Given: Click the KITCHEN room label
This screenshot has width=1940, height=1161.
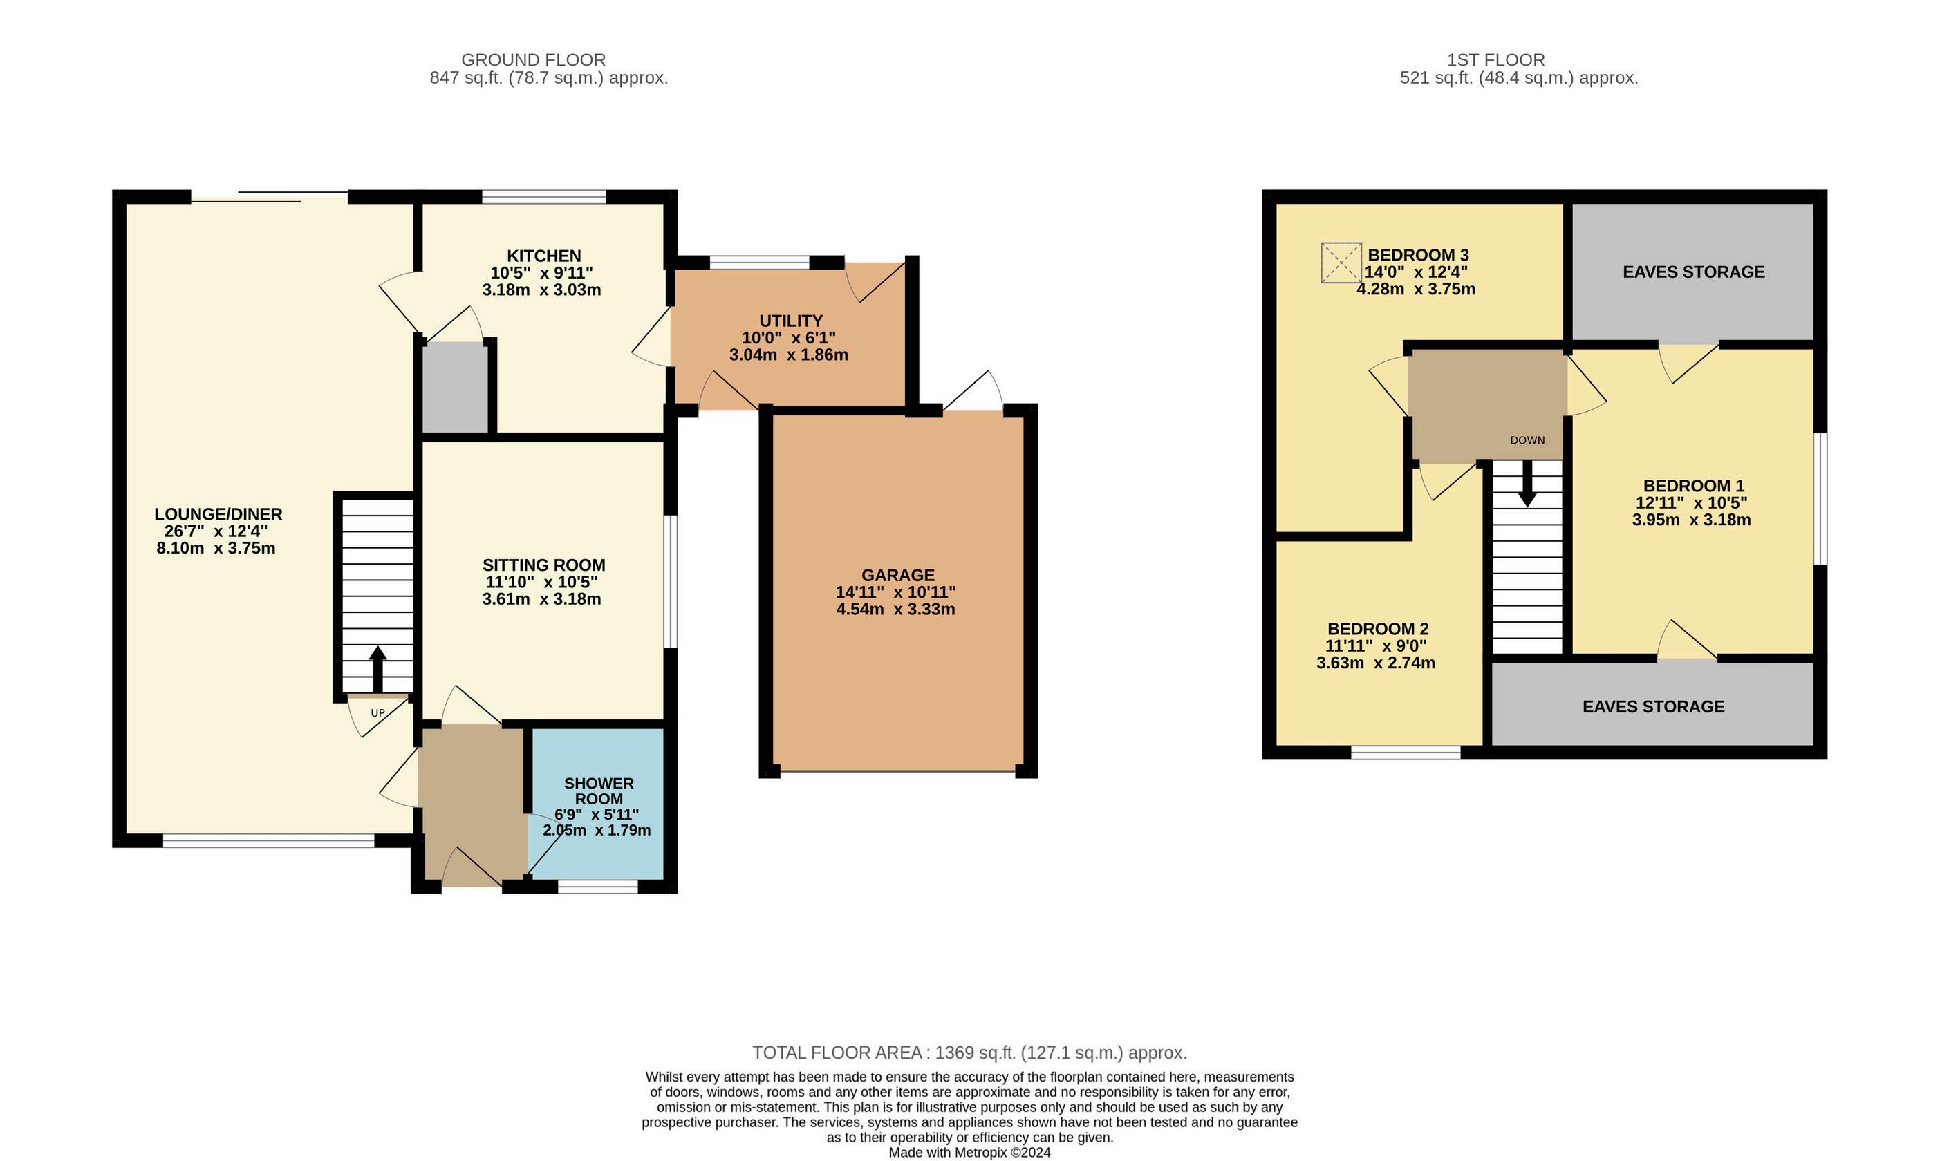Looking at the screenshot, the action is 544,256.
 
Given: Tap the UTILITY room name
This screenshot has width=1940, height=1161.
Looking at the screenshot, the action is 790,321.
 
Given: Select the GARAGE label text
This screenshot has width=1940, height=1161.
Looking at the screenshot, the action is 897,575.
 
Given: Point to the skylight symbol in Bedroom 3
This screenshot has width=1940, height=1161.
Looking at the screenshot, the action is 1341,263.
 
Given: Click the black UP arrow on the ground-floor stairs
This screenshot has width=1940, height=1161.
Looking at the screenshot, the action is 377,669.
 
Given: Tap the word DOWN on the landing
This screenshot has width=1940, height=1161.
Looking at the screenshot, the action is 1527,440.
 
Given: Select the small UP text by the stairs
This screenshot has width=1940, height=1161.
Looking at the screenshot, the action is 378,712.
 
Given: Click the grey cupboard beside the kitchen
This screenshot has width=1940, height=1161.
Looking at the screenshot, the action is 456,387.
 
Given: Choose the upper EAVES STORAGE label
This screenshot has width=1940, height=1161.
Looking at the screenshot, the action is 1693,272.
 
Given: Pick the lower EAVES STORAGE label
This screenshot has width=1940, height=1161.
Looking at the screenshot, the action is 1654,706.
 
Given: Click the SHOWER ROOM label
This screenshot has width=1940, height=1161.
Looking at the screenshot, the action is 599,791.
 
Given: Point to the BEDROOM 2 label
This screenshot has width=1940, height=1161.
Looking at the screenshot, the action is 1378,629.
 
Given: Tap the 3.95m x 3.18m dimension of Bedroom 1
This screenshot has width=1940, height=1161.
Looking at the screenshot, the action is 1692,520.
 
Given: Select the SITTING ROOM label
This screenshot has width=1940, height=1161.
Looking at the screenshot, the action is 544,565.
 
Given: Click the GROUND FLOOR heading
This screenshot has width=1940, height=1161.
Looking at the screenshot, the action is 534,59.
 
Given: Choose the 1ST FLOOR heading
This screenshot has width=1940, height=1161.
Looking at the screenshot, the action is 1496,59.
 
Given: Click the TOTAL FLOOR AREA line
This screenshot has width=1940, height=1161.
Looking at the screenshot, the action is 969,1053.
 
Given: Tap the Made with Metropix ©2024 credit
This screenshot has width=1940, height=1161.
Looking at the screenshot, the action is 969,1153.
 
